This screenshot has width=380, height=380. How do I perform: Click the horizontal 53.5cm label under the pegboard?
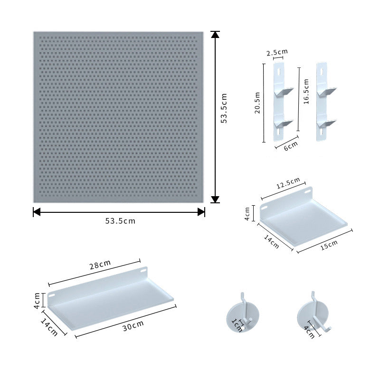tap(120, 221)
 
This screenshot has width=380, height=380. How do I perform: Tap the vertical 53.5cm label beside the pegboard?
tap(224, 108)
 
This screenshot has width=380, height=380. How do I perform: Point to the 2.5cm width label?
tap(277, 52)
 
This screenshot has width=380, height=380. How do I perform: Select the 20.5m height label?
tap(257, 103)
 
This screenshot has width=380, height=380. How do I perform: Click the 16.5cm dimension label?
tap(306, 91)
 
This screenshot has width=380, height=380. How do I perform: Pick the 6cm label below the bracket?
tap(291, 146)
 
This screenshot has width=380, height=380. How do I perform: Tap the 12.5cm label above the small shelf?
tap(288, 183)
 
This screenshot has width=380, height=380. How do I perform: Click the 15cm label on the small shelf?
tap(329, 245)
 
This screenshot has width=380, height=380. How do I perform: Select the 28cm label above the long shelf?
tap(100, 265)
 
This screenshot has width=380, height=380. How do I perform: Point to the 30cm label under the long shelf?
tap(133, 325)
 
